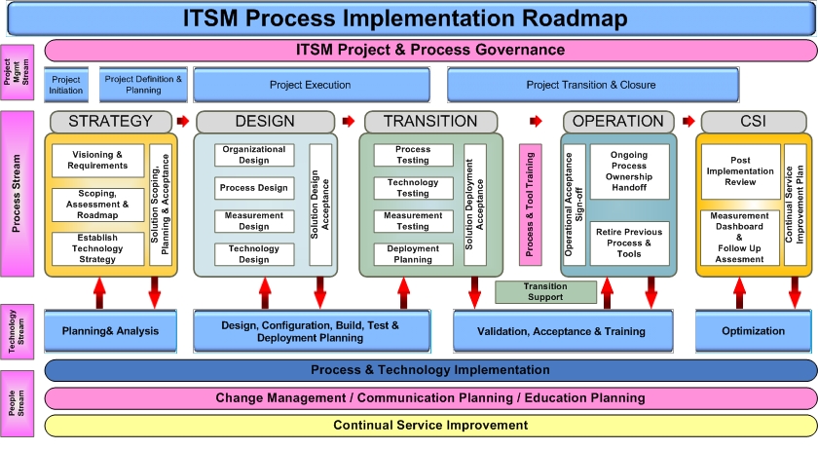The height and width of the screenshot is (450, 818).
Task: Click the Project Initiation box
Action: point(66,85)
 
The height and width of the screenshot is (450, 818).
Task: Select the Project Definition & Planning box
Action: point(143,85)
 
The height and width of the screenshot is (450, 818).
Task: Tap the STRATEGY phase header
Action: point(111,122)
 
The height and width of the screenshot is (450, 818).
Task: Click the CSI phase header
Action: point(754,122)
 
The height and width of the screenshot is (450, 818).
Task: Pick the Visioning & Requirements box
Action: point(97,161)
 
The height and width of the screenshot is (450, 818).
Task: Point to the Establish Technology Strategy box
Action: point(97,248)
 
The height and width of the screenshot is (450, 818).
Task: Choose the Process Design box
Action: point(254,188)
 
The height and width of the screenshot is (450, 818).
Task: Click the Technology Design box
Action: point(254,254)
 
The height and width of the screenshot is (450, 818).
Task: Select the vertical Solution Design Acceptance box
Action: point(320,205)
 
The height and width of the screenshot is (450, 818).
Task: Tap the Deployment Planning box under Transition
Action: point(413,254)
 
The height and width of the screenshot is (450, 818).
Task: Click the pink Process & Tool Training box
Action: point(530,205)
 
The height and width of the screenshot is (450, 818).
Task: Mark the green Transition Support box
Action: point(545,292)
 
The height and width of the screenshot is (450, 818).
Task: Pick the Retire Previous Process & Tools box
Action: point(630,244)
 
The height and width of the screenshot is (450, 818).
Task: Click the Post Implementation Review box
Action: point(740,171)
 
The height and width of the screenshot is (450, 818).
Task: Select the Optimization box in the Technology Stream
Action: point(754,331)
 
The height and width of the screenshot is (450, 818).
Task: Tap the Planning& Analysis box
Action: point(111,331)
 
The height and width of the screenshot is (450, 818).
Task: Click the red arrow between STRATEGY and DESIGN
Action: point(183,121)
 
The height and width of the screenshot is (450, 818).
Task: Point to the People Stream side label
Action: point(18,403)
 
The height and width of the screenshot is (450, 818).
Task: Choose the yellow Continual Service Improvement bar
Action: point(430,426)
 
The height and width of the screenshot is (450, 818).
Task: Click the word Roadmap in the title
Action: point(575,19)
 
